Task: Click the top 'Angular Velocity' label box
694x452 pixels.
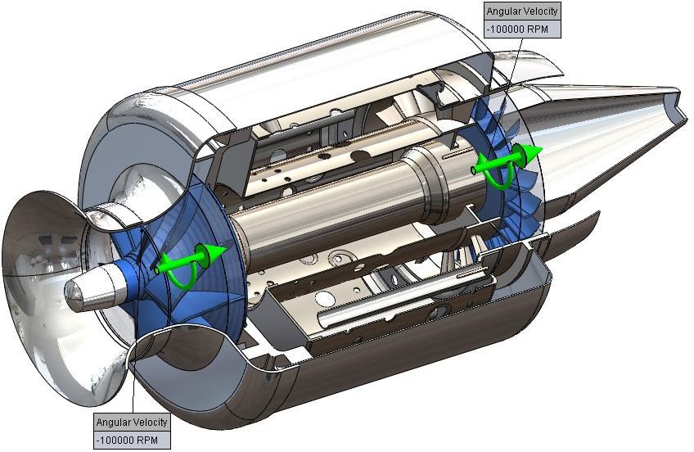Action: pyautogui.click(x=522, y=11)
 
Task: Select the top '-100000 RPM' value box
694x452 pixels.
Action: pyautogui.click(x=522, y=29)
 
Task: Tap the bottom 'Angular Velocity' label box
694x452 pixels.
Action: pyautogui.click(x=132, y=423)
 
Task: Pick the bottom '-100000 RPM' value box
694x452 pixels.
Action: pyautogui.click(x=132, y=440)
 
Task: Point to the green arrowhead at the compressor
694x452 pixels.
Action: pyautogui.click(x=216, y=251)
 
